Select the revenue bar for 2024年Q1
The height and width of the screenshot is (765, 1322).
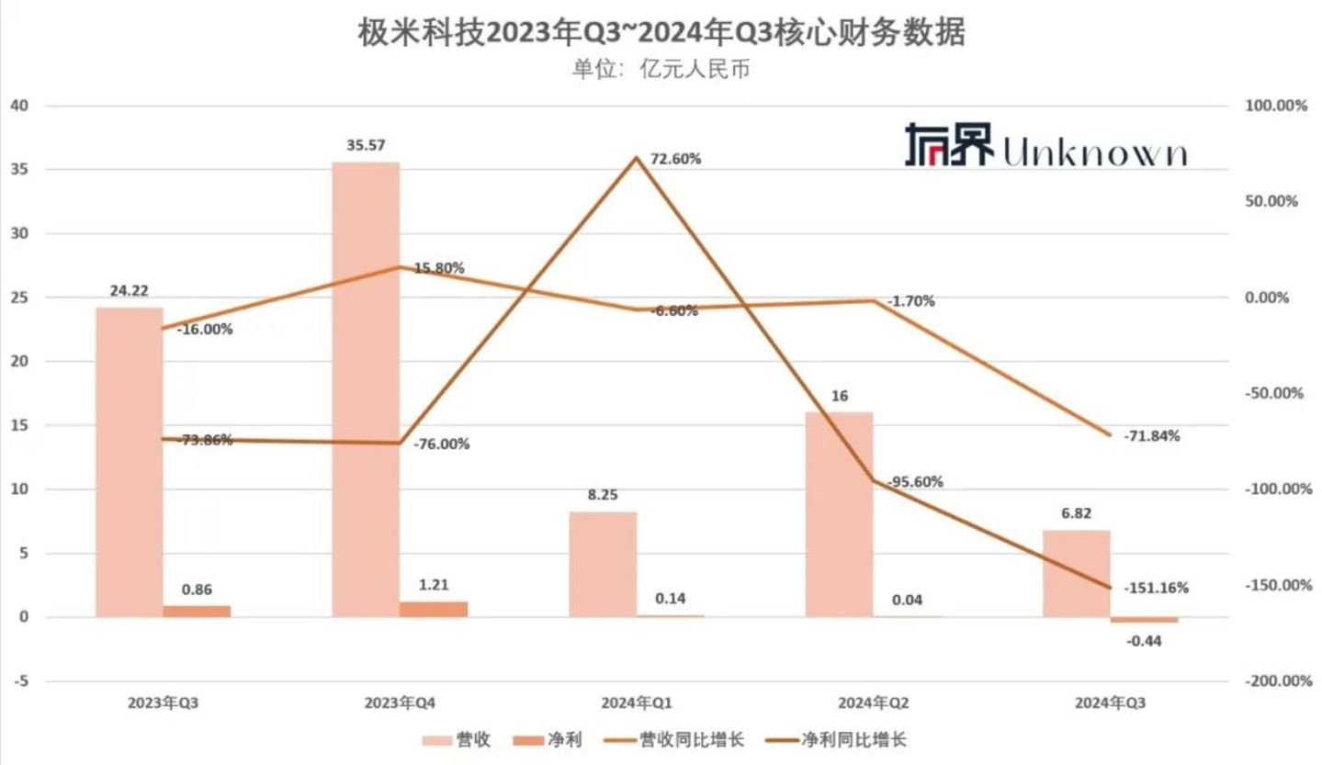(x=602, y=564)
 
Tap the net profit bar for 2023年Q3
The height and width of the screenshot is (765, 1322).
(x=197, y=611)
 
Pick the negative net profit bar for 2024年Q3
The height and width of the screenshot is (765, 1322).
(x=1144, y=621)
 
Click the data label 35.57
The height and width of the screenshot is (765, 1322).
(x=366, y=144)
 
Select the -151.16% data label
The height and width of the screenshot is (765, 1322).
(x=1156, y=588)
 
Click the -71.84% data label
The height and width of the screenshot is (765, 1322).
(x=1151, y=436)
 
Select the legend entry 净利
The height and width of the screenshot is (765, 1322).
(x=557, y=739)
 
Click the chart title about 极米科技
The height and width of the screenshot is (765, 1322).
(x=661, y=33)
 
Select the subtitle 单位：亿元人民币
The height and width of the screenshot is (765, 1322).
(x=661, y=69)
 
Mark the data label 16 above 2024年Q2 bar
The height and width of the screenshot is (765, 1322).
(x=840, y=396)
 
